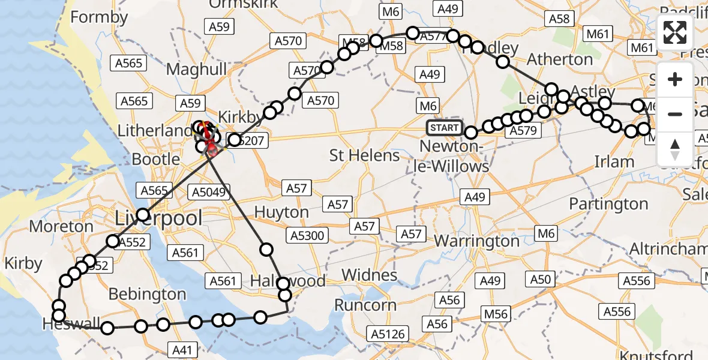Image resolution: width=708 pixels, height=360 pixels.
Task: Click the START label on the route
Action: point(445,128)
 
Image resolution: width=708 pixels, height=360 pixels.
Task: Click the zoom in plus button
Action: point(675,79)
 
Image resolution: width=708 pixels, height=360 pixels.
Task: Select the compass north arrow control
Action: point(675,149)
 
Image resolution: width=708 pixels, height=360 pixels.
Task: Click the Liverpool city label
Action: point(158,218)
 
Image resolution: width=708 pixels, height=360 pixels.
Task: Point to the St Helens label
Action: point(365,156)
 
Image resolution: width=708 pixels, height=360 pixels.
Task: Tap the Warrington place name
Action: point(476,241)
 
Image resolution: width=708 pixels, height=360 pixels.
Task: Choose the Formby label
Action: point(99,17)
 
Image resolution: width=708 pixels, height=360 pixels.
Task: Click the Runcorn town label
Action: point(365,305)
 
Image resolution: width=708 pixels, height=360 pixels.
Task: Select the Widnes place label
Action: point(370,275)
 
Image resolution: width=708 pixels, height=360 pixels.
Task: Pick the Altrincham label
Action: point(668,249)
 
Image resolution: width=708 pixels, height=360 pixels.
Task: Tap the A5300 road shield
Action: point(308,235)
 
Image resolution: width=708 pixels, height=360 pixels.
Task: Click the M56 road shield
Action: point(496,314)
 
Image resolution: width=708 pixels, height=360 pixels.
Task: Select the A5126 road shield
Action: point(388,334)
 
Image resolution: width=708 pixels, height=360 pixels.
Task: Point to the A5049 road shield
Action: point(207,192)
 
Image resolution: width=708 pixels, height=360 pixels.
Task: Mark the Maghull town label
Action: point(197,70)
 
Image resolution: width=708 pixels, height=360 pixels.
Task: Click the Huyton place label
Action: point(281,212)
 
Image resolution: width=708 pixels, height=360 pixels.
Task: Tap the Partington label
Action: point(608,204)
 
